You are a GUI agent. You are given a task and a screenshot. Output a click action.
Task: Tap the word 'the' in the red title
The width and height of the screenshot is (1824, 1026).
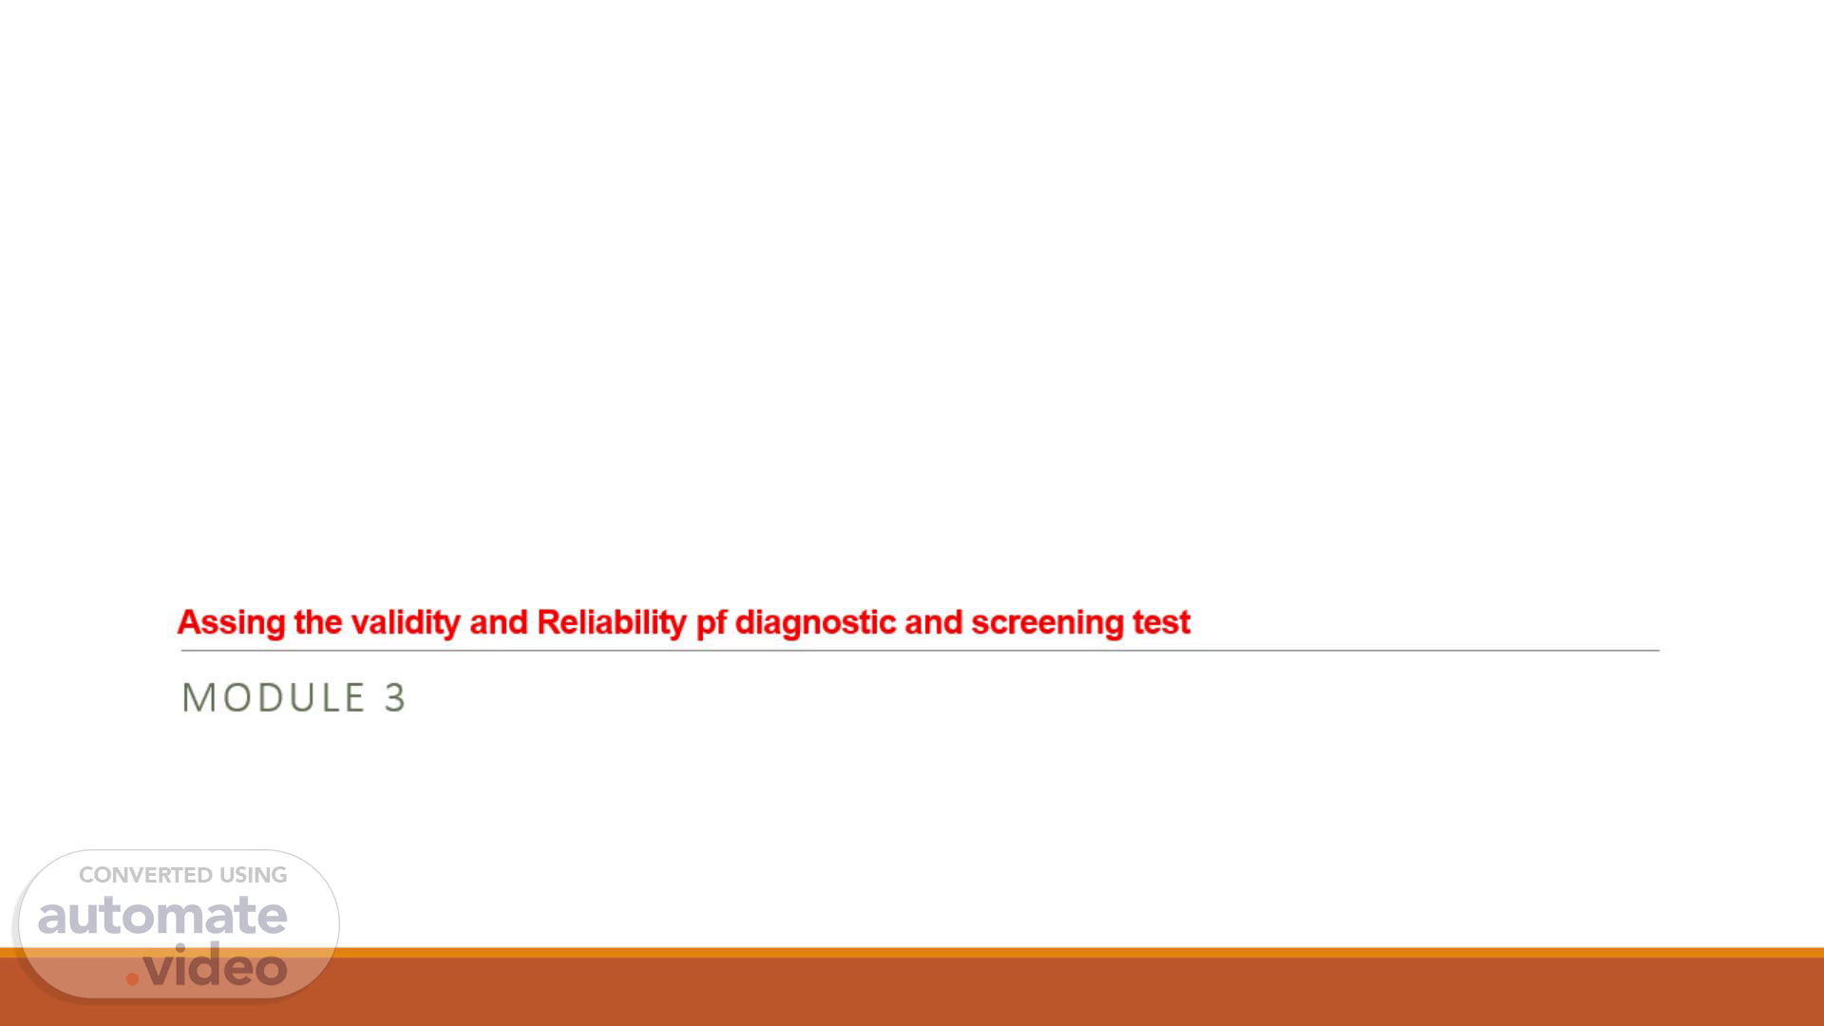[x=318, y=622]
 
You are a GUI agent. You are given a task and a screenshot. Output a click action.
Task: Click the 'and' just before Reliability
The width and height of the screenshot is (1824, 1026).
[x=499, y=622]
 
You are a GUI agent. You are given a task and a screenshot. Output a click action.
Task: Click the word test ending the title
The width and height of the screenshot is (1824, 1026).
[x=1161, y=623]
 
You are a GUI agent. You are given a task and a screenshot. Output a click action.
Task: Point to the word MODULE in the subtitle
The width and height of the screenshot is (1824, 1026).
[x=274, y=697]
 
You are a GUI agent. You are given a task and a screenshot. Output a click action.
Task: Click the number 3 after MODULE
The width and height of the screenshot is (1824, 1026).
[x=395, y=697]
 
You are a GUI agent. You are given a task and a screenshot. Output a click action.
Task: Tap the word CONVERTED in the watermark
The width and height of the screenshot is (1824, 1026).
[x=145, y=875]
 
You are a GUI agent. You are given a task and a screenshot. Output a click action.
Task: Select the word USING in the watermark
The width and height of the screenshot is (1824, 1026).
[x=254, y=875]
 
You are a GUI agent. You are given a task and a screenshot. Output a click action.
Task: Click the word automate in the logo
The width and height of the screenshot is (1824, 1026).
[x=162, y=915]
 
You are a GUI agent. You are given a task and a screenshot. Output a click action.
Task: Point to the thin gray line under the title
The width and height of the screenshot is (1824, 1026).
[x=920, y=651]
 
